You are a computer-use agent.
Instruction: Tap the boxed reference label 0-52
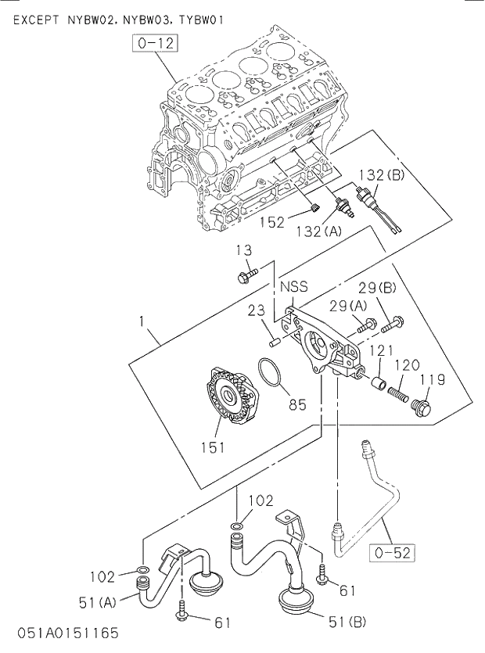[390, 553]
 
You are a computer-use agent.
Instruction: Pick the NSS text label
[294, 287]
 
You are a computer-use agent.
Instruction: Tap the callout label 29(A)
[347, 304]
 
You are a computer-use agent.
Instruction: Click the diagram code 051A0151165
[66, 631]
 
